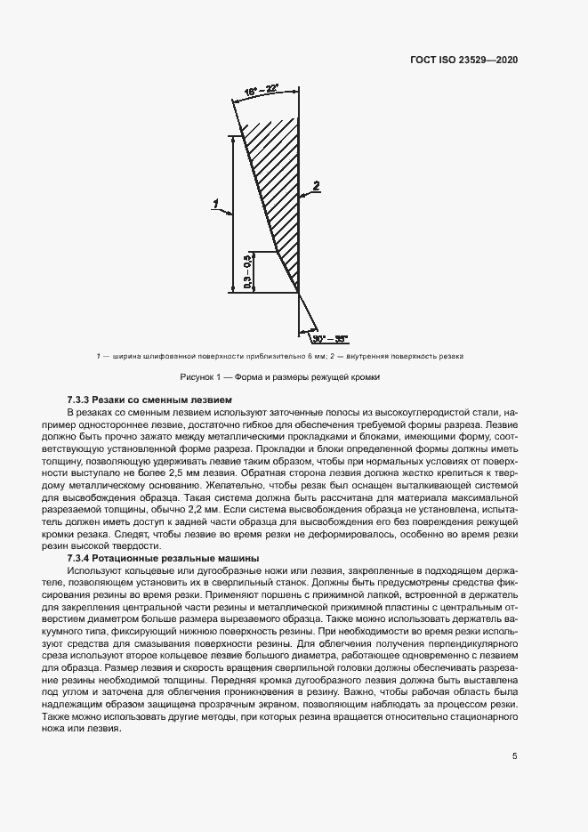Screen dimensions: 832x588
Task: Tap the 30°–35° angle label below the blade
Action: pos(331,338)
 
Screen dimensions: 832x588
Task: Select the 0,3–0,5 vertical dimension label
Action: pos(247,270)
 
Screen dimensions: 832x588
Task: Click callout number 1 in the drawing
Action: pos(216,204)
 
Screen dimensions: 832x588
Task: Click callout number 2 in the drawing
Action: pos(315,185)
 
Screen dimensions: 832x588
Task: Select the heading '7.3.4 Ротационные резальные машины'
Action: pos(163,557)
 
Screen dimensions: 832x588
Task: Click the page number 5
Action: pos(515,756)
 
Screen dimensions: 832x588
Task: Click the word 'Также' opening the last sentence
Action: pos(82,715)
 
